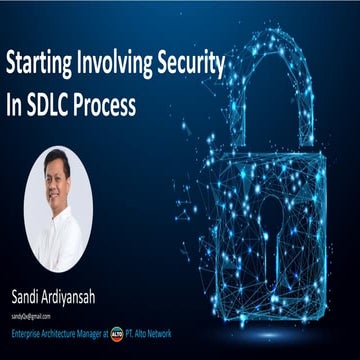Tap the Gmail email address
(x=31, y=315)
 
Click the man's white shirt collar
(x=58, y=215)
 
